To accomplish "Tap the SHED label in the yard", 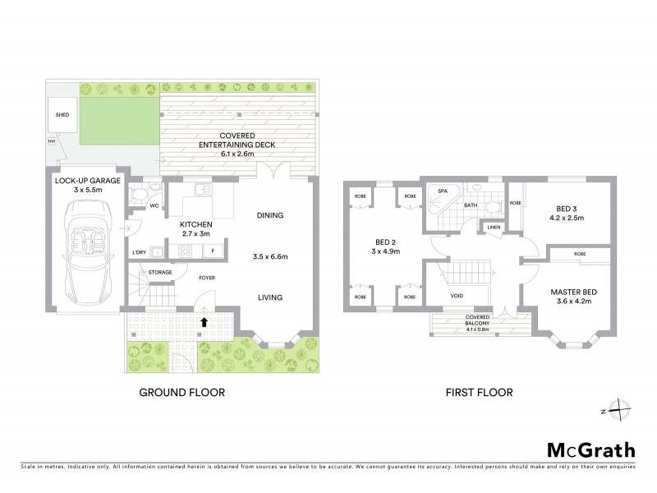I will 62,116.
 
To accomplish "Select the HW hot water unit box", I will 52,142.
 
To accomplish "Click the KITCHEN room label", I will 197,224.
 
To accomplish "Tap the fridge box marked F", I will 214,251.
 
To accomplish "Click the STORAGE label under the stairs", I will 160,272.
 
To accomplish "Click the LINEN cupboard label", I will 493,227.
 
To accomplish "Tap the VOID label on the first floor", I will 459,294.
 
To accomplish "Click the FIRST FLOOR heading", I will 480,393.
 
